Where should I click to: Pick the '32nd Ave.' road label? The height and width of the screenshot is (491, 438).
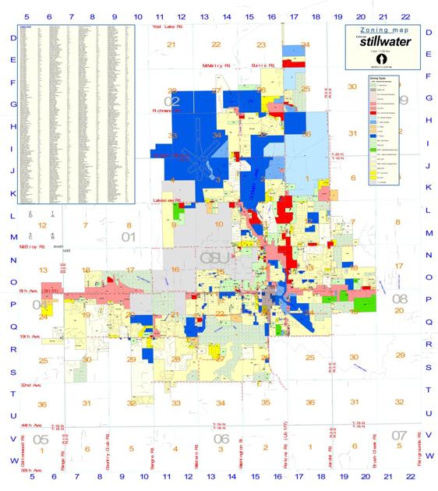click(x=30, y=385)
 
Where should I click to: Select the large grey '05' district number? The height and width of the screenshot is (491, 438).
click(x=41, y=440)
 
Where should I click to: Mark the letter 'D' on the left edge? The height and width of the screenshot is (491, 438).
click(x=12, y=37)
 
